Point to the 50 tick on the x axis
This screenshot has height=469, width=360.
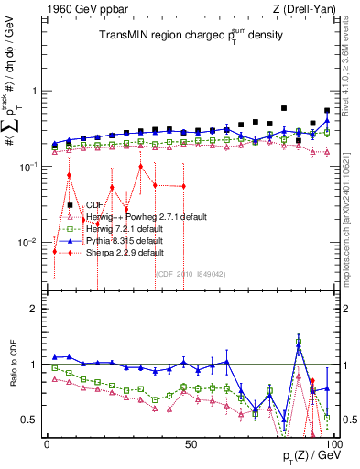pos(191,443)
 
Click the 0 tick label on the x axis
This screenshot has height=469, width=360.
pos(48,443)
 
